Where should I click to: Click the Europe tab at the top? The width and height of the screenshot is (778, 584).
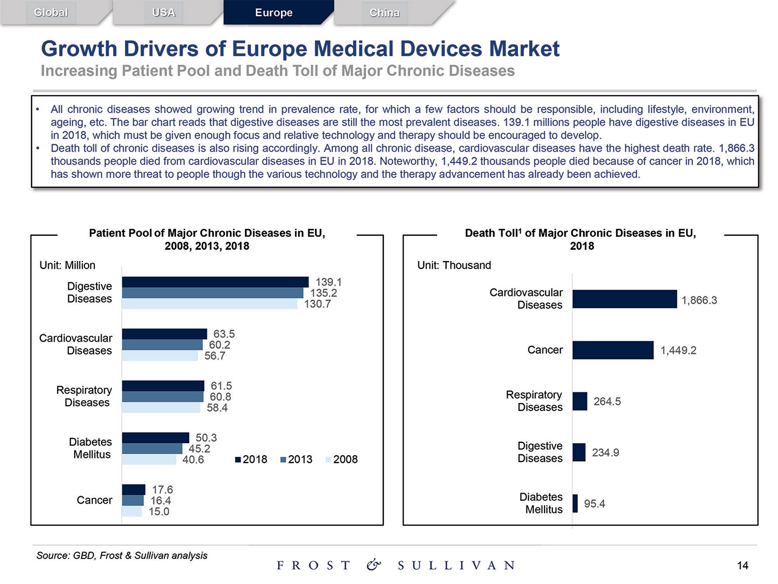click(x=274, y=13)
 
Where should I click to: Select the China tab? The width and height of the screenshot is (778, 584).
click(x=384, y=13)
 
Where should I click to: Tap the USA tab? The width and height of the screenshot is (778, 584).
click(x=163, y=13)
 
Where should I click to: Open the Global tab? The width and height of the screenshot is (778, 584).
click(x=51, y=13)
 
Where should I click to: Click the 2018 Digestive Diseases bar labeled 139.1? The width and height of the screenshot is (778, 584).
click(x=215, y=282)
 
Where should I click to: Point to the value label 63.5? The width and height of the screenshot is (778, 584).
click(x=224, y=334)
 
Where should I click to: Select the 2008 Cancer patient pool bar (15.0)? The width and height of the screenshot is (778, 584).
click(x=132, y=512)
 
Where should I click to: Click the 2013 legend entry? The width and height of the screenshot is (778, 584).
click(x=296, y=459)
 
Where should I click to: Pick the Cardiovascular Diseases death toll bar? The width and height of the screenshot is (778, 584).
click(x=624, y=299)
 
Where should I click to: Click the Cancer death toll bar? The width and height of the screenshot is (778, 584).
click(x=613, y=350)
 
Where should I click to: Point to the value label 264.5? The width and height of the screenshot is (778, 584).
click(x=607, y=401)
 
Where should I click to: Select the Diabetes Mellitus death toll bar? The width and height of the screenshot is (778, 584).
click(x=575, y=504)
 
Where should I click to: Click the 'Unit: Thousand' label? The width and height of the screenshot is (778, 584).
click(x=454, y=265)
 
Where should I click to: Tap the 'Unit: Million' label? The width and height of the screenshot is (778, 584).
click(x=67, y=265)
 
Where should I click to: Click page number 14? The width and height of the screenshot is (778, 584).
click(x=742, y=565)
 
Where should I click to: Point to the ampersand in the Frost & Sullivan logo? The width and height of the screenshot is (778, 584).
click(x=373, y=565)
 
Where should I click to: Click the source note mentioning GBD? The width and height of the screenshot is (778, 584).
click(x=122, y=555)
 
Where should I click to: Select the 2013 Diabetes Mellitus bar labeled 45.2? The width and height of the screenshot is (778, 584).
click(x=152, y=449)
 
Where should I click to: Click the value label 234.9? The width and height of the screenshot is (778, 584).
click(x=605, y=453)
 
